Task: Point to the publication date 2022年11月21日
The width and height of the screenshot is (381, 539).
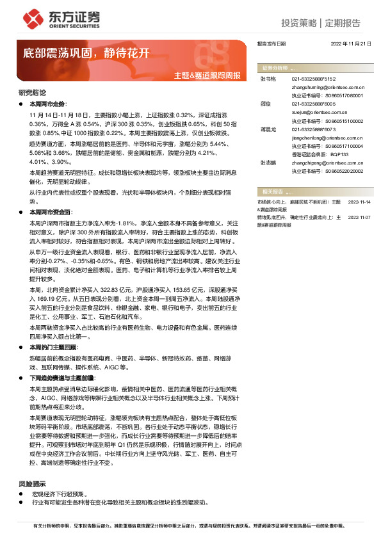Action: point(350,44)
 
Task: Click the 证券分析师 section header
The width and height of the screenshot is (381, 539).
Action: point(272,67)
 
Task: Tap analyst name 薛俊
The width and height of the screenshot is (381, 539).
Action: point(265,103)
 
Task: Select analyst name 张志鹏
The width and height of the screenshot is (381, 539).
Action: point(268,163)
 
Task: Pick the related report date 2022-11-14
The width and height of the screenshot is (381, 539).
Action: point(359,202)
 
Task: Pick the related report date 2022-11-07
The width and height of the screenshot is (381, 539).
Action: point(359,217)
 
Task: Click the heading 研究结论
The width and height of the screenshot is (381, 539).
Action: point(32,93)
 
